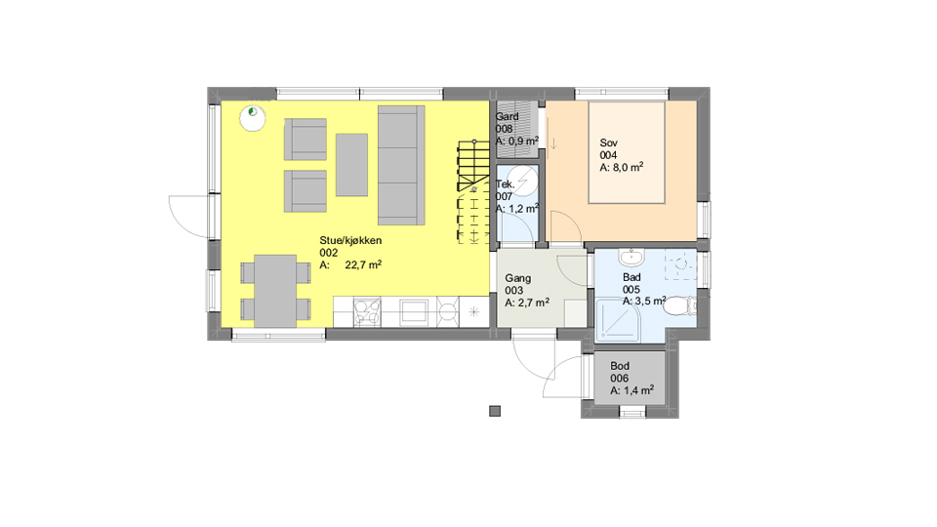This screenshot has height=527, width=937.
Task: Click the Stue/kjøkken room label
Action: click(x=350, y=241)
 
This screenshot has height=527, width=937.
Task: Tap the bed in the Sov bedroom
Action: click(x=627, y=153)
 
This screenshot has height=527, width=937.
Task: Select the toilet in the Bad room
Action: click(x=679, y=305)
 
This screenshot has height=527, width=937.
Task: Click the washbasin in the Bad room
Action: click(x=631, y=258)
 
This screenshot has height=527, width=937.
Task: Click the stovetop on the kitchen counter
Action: click(x=367, y=312)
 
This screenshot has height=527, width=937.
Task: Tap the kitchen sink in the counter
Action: click(x=414, y=312)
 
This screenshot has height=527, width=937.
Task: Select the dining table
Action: click(x=275, y=291)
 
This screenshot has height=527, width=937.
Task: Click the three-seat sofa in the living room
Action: click(x=401, y=166)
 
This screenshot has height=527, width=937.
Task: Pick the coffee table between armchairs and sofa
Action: click(x=351, y=165)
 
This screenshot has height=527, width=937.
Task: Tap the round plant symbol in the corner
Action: click(x=253, y=117)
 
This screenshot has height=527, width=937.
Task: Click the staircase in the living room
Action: click(x=474, y=192)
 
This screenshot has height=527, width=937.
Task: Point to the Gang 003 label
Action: click(x=517, y=284)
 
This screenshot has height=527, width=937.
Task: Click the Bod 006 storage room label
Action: click(x=620, y=372)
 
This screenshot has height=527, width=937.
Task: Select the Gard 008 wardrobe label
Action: click(x=507, y=123)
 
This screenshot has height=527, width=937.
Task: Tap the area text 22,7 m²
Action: click(x=363, y=264)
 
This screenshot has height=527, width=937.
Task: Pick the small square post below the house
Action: click(x=495, y=411)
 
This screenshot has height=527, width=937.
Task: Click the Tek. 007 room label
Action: click(x=505, y=190)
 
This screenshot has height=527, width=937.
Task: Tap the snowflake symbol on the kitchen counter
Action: click(x=474, y=312)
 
